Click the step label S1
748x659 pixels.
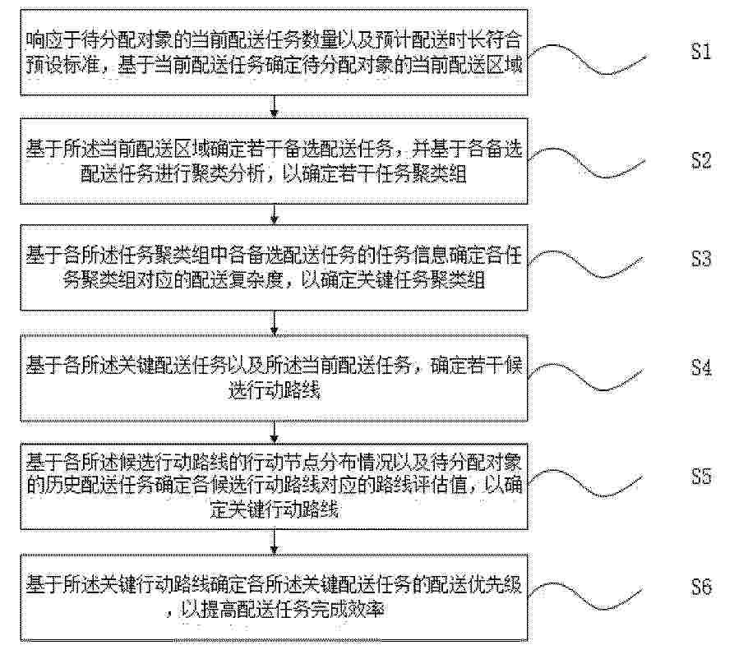(701, 51)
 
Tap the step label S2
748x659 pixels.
(701, 161)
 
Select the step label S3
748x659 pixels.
(701, 259)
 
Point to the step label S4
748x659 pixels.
(701, 367)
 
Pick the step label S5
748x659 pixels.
(701, 477)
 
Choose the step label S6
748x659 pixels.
(701, 587)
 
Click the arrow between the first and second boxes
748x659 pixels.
(275, 106)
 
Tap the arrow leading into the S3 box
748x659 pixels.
(275, 214)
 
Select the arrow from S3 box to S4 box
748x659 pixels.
(275, 322)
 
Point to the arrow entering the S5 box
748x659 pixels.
(275, 432)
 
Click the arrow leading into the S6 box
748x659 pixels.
(275, 541)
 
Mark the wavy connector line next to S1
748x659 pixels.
(587, 59)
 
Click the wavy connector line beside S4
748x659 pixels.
(587, 376)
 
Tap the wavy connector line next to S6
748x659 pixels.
(587, 594)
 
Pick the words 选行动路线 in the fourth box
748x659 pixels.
(275, 390)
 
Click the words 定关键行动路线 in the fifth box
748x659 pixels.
(275, 509)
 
